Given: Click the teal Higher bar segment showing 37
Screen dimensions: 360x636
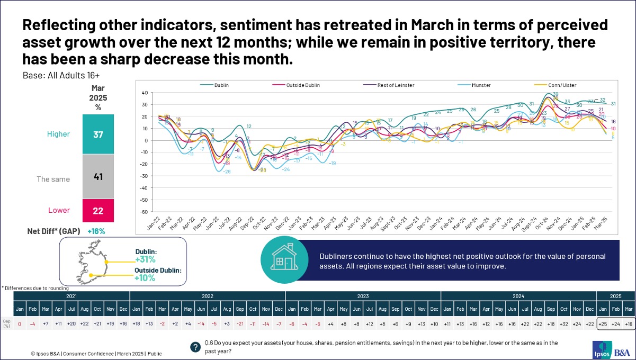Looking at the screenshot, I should pos(98,134).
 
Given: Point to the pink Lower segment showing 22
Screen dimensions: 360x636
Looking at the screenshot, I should pos(98,210).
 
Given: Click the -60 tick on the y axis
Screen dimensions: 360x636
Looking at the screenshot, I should pos(144,212).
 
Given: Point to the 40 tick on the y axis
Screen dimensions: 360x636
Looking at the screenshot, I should pos(144,93).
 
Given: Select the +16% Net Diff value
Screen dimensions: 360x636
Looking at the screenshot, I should pos(96,231).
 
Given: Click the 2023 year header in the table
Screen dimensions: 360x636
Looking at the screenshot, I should pos(363,296).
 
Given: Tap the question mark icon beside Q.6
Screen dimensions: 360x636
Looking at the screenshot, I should pos(195,347).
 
